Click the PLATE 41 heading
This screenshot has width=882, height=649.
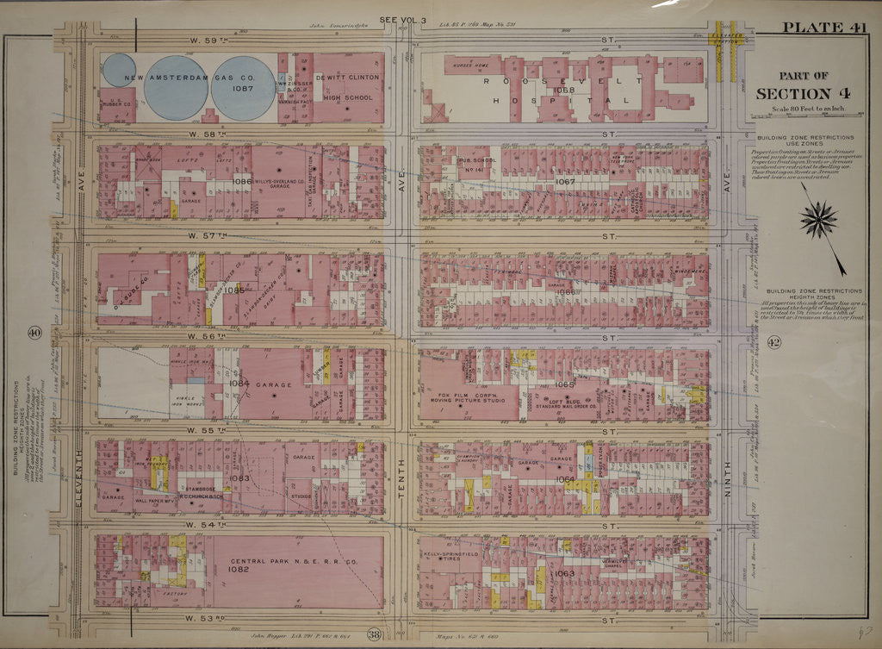click(x=823, y=27)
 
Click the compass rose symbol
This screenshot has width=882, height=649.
click(x=817, y=217)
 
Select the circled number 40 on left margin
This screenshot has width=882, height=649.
click(x=34, y=333)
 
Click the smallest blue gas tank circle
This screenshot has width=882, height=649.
click(x=119, y=71)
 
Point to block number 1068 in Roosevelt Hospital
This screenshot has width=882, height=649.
click(x=564, y=90)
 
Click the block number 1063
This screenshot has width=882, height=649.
click(x=564, y=572)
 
